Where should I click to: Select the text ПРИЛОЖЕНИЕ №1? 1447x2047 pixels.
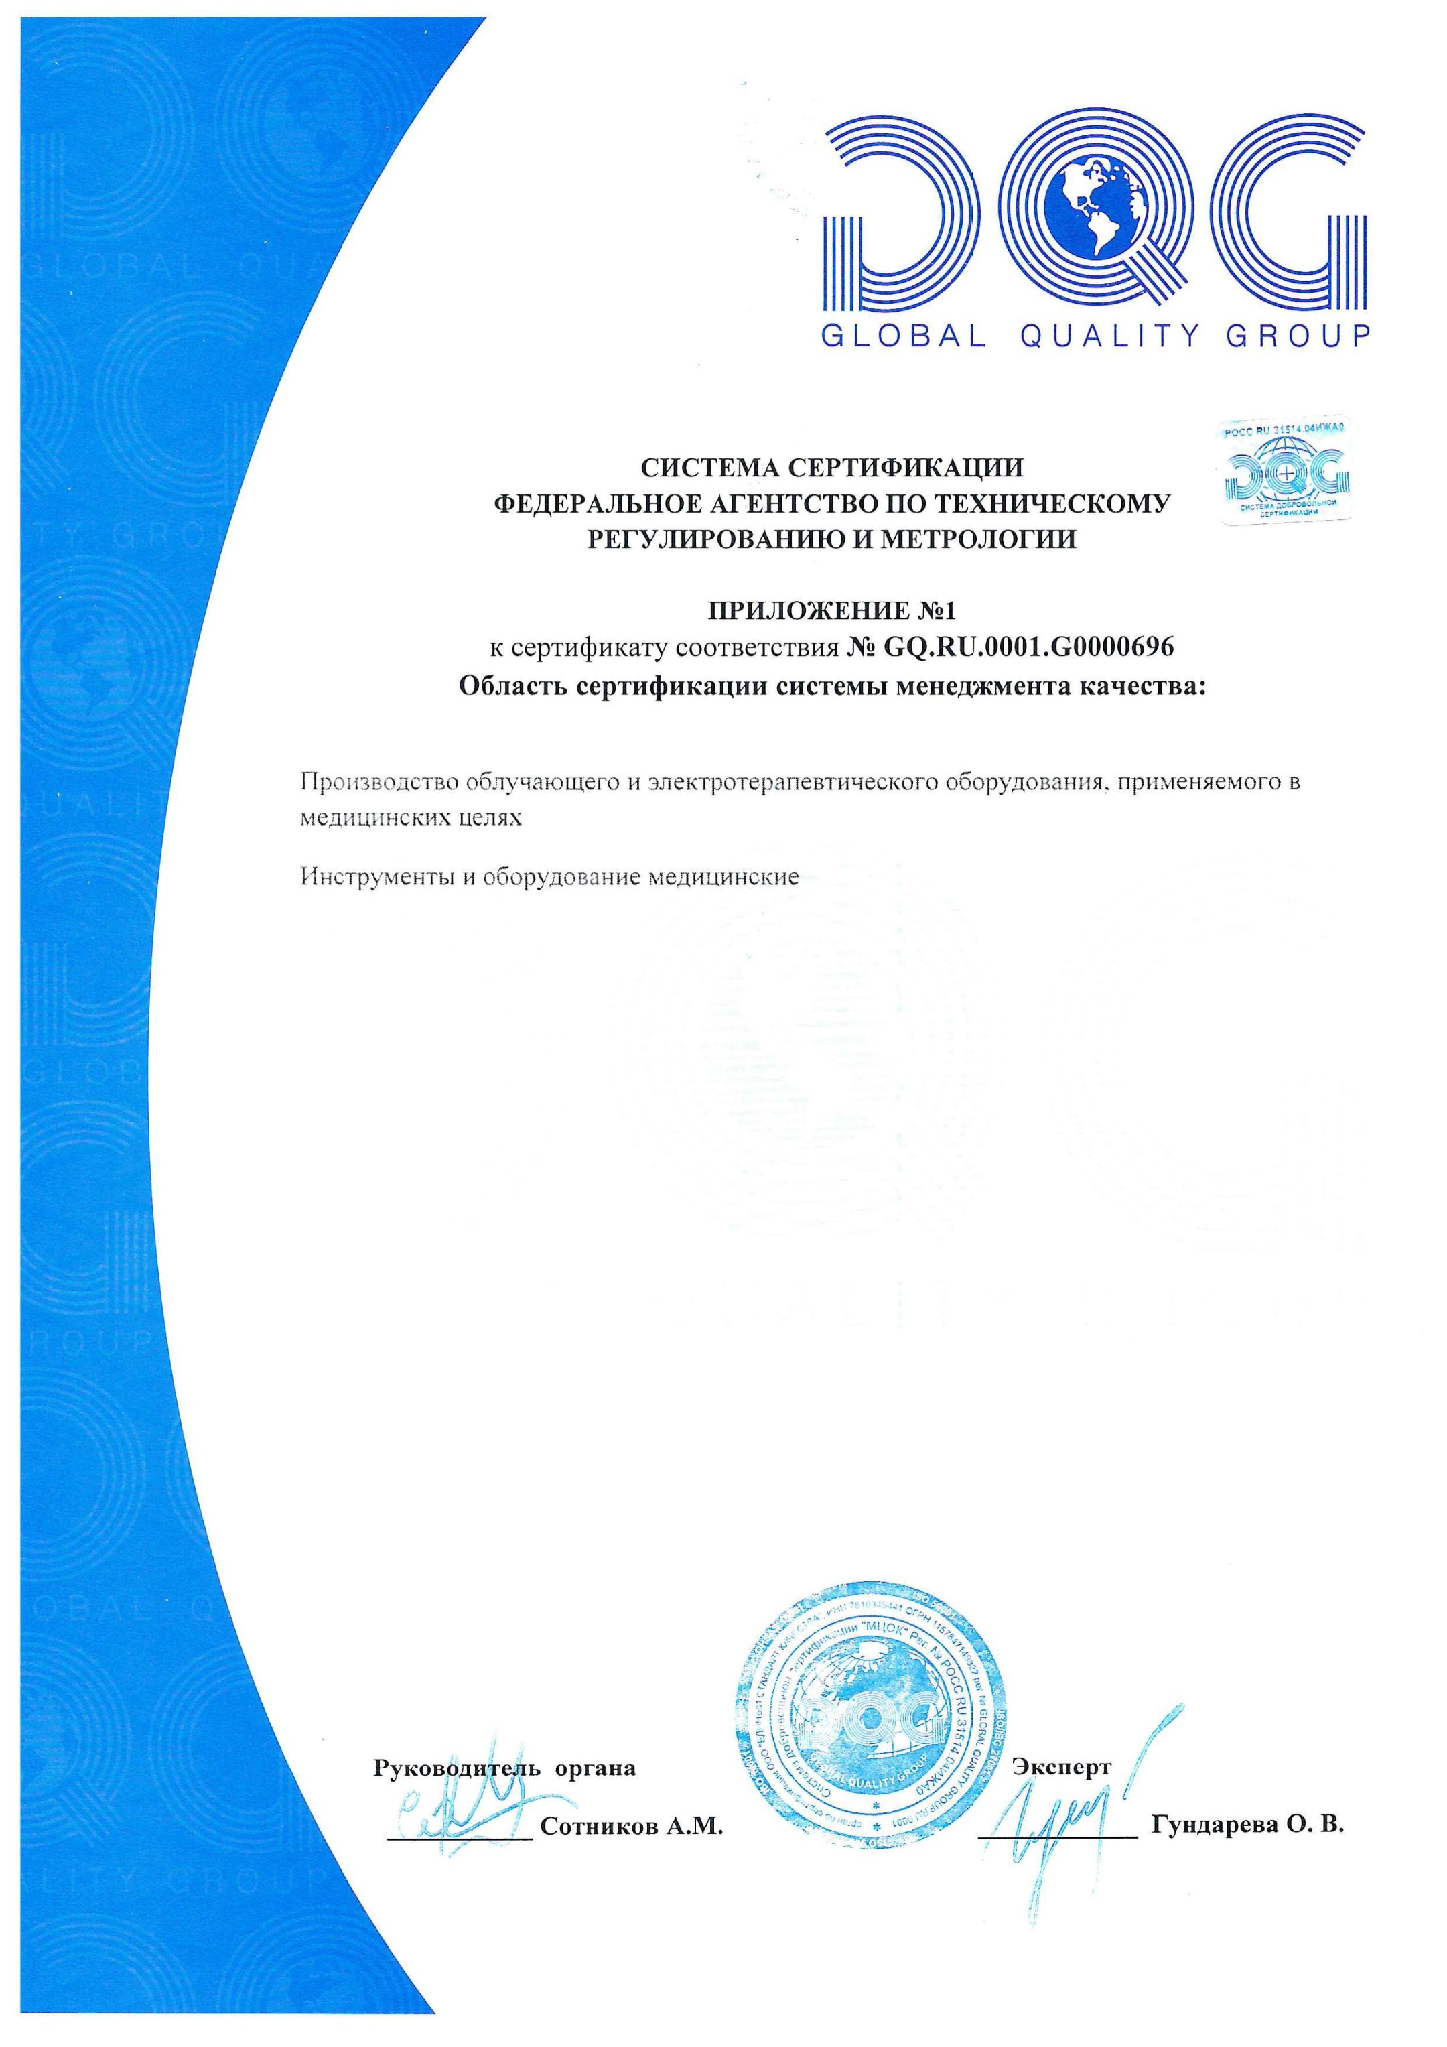[x=831, y=612]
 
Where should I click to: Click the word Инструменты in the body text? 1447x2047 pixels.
[x=375, y=877]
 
